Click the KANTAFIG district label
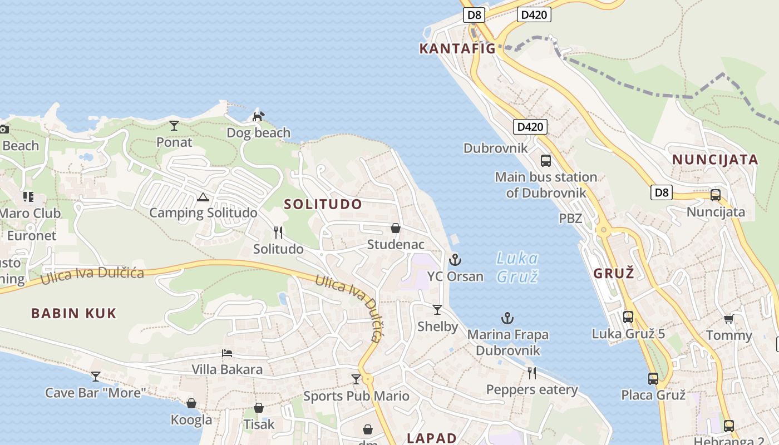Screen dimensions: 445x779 (457, 48)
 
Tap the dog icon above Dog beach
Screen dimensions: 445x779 (258, 116)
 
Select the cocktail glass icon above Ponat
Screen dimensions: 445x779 (174, 126)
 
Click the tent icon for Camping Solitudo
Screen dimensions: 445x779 (203, 197)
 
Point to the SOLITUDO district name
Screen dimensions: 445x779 (323, 204)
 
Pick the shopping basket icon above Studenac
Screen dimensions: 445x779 (396, 228)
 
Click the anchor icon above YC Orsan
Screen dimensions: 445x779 (455, 259)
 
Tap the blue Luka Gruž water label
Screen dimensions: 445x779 (517, 267)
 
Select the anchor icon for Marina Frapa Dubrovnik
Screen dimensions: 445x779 (507, 318)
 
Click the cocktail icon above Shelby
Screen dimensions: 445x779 (437, 310)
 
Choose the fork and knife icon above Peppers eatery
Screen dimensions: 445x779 (532, 373)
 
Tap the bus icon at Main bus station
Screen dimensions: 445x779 (546, 161)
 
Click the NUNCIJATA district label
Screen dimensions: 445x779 (715, 160)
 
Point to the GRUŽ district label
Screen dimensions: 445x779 (614, 273)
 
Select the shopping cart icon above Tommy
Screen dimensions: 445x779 (728, 319)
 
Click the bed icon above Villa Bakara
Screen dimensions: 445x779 (227, 353)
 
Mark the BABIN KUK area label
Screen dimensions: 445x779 (74, 313)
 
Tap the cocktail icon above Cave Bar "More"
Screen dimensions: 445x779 (96, 377)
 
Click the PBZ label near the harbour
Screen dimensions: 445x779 (570, 218)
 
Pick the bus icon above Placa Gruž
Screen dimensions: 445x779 (653, 379)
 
